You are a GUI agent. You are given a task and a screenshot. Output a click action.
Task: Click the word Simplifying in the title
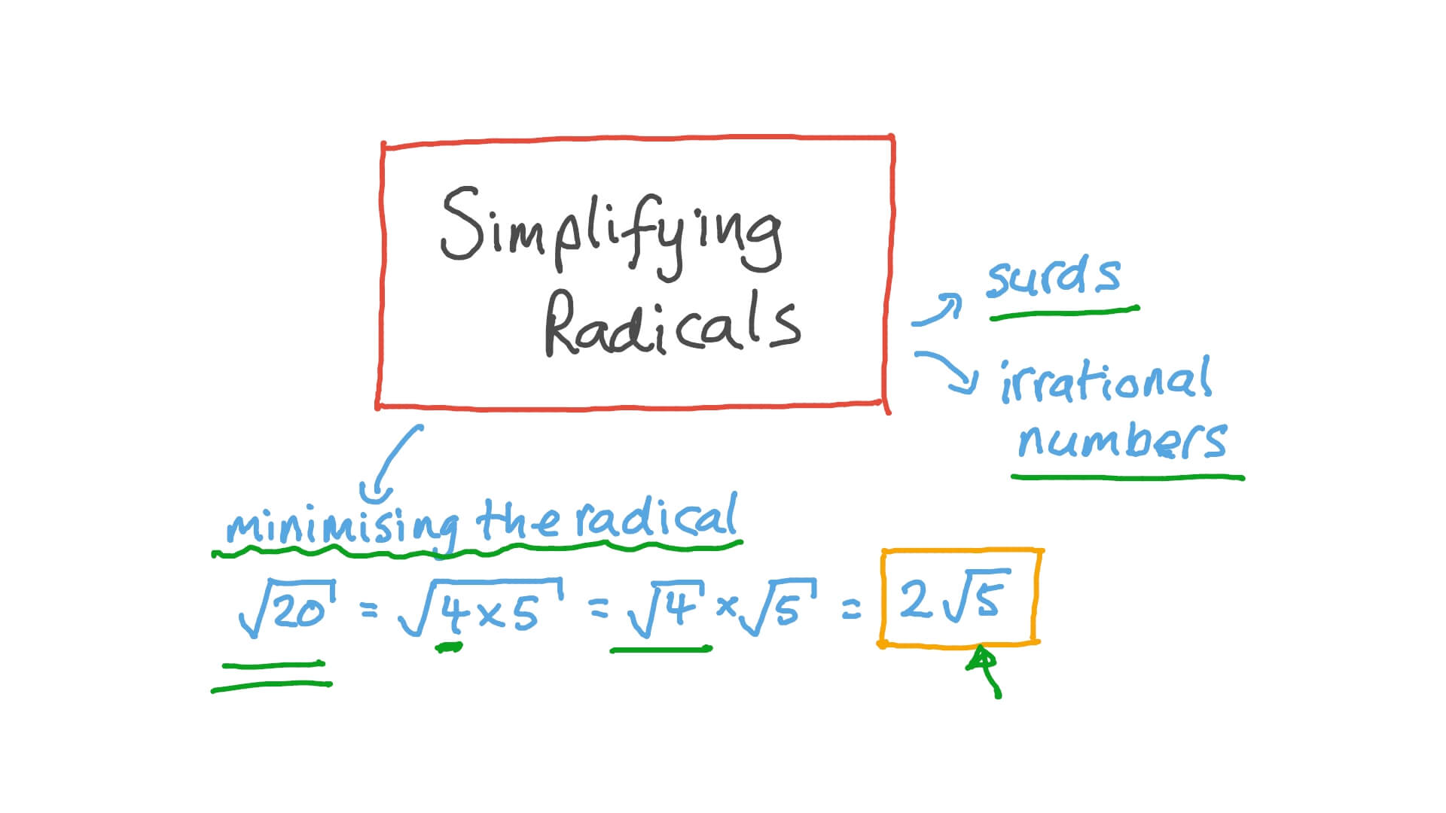(x=610, y=230)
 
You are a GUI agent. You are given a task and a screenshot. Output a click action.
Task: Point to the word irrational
(x=1106, y=381)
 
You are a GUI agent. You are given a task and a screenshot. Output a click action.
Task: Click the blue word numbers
(x=1122, y=440)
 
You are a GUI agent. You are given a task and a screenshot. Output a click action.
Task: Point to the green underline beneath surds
(x=1063, y=312)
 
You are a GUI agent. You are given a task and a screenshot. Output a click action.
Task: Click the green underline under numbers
(x=1127, y=477)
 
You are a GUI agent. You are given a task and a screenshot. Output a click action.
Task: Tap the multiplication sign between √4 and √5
(x=726, y=607)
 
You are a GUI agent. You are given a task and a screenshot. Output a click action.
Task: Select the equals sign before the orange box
(x=850, y=611)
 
